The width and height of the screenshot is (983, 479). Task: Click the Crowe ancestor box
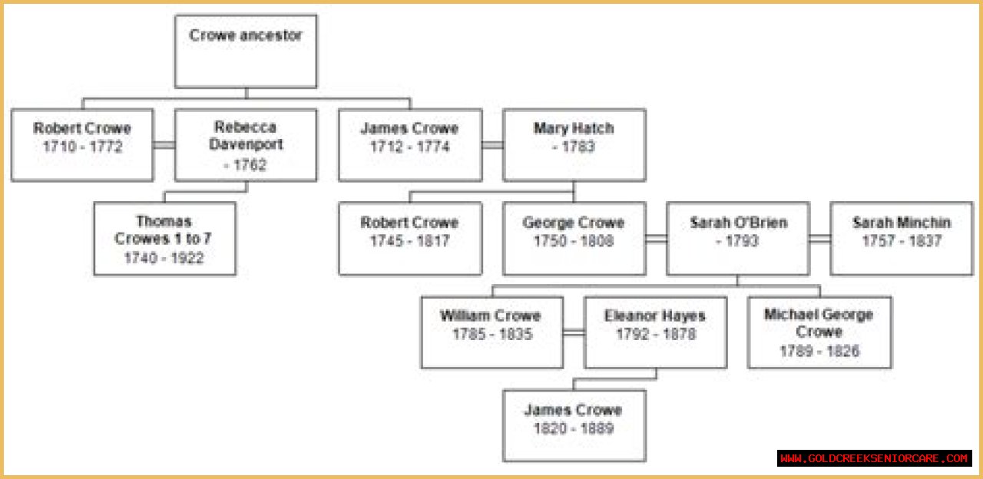[246, 51]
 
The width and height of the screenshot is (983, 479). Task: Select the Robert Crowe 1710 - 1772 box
[82, 145]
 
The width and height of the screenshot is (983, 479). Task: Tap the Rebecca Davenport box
[246, 145]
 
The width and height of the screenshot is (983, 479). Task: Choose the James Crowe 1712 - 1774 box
[410, 145]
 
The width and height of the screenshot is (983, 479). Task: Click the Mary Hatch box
[574, 145]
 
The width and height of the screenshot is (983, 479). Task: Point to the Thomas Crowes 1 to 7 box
[164, 239]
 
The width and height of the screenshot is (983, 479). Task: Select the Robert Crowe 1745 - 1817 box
[410, 239]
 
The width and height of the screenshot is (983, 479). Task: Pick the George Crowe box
[574, 239]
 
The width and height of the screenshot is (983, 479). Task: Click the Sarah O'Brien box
[737, 239]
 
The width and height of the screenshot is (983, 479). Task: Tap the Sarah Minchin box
[902, 239]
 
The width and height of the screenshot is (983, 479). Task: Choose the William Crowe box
[491, 332]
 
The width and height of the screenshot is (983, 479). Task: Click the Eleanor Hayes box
[655, 332]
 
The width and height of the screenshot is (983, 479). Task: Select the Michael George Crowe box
[819, 332]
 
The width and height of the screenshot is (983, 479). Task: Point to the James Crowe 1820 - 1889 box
[574, 425]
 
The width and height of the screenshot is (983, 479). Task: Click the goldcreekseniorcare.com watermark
[874, 458]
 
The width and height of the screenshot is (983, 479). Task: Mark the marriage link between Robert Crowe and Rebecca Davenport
[164, 144]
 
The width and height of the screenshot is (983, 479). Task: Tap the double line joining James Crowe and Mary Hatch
[492, 144]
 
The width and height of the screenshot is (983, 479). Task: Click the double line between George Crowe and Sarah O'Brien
[656, 239]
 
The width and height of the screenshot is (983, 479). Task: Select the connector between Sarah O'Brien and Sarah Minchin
[820, 239]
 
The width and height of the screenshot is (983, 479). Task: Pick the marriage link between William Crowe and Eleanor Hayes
[574, 332]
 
